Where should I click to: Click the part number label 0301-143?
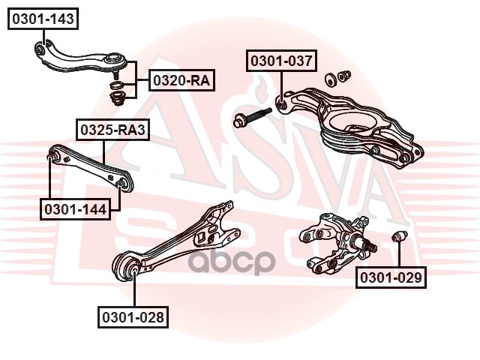click(x=43, y=19)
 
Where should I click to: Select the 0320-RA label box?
click(x=181, y=80)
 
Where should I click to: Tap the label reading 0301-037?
click(x=282, y=61)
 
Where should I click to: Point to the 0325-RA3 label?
click(x=112, y=130)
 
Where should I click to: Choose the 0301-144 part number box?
click(x=75, y=209)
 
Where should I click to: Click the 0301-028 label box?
click(x=133, y=317)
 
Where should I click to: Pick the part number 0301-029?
click(x=391, y=277)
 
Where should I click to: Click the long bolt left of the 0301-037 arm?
click(x=252, y=118)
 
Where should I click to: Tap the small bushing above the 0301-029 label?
click(x=400, y=236)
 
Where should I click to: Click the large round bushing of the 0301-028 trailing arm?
click(x=126, y=265)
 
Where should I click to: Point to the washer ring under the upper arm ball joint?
click(x=117, y=85)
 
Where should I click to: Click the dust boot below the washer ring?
click(x=117, y=98)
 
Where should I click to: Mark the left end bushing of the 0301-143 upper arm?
click(x=40, y=49)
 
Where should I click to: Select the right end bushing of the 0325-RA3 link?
click(x=124, y=184)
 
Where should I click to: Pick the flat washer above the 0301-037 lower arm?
click(x=331, y=79)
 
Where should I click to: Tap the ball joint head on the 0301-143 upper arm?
click(x=115, y=58)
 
